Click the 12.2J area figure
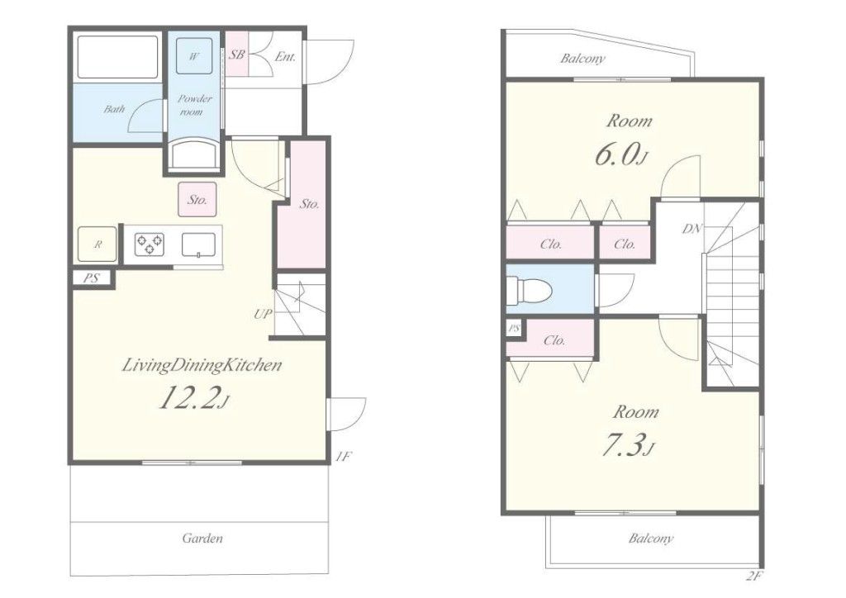tap(194, 398)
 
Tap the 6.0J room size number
tap(621, 154)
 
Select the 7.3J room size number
tap(628, 446)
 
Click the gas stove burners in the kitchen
tap(150, 244)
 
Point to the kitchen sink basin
tap(199, 244)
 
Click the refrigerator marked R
tap(97, 244)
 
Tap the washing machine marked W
tap(193, 56)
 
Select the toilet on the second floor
tap(530, 291)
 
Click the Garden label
tap(202, 538)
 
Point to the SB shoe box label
tap(237, 55)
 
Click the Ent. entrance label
tap(285, 57)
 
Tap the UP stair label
tap(263, 314)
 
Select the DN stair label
tap(692, 229)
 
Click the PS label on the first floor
tap(91, 279)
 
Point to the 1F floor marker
tap(343, 457)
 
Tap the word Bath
tap(114, 109)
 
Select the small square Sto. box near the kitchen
tap(197, 200)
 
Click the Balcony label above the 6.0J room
tap(582, 59)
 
